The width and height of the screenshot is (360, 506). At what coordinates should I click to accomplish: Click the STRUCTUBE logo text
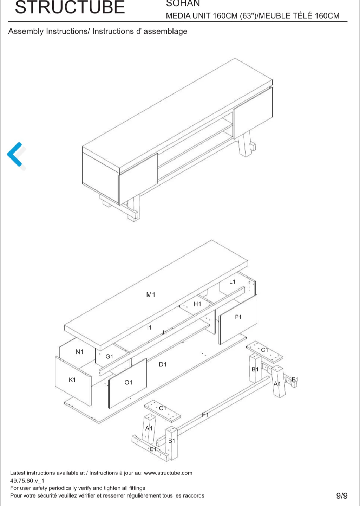70,7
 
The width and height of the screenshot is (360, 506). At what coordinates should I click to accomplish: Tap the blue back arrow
15,154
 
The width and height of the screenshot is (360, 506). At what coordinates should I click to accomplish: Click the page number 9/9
342,495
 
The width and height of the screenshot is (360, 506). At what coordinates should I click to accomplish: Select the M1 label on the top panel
151,294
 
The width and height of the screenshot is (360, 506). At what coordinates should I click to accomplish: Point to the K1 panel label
72,380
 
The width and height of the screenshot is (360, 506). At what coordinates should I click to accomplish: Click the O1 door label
128,382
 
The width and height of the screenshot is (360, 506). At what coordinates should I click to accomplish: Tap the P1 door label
238,317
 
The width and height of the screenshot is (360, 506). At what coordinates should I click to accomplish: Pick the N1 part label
79,352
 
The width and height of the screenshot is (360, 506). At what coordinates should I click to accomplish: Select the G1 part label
109,356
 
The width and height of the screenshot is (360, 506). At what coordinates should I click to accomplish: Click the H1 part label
197,304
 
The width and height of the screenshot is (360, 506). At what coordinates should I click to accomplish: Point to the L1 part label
232,281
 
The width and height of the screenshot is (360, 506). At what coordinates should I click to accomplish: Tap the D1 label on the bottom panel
163,364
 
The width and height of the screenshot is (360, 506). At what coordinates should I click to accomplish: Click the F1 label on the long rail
205,415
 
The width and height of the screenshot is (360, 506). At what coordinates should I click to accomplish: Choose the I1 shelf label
149,327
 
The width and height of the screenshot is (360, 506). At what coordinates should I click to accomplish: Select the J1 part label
164,332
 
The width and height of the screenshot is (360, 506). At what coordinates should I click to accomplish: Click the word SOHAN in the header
183,3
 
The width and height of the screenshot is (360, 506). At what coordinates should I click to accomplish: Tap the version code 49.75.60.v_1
27,481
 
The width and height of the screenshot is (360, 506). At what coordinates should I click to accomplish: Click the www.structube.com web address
168,473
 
